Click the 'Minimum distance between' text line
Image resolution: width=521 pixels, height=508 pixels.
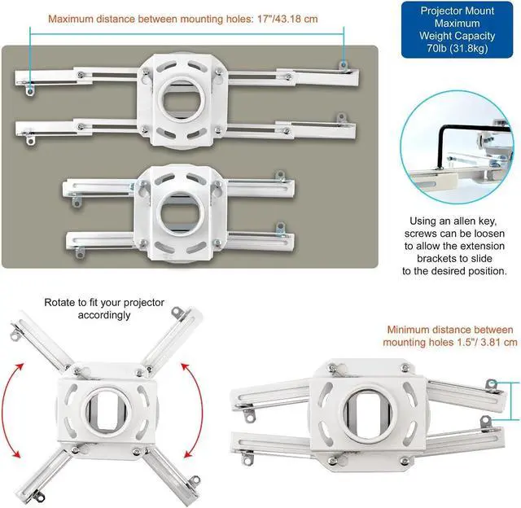(x=451, y=330)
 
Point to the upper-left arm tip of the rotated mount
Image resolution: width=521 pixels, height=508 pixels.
(x=18, y=329)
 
